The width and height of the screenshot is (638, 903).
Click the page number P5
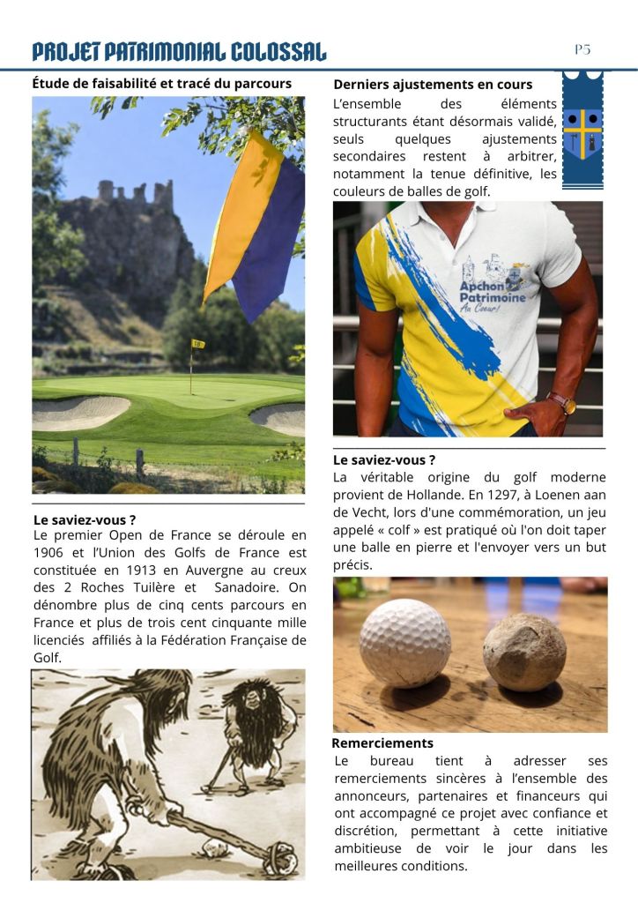582,49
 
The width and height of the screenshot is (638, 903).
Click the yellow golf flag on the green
198,344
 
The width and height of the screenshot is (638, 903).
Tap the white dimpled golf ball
404,643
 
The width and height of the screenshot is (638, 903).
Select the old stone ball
524,652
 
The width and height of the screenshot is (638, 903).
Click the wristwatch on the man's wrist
562,402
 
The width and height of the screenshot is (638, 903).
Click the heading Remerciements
382,743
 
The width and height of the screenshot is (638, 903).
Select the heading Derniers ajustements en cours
433,85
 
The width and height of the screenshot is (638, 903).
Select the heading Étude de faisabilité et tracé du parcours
161,84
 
